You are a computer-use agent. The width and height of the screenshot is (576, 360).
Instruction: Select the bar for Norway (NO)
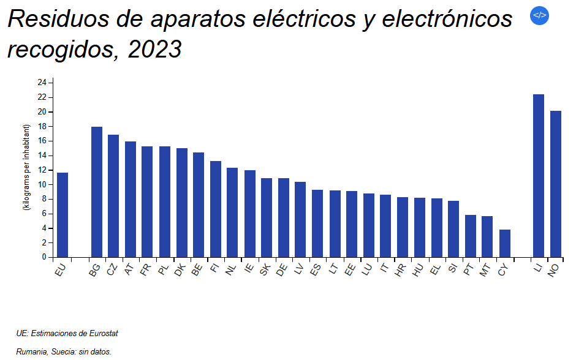555,184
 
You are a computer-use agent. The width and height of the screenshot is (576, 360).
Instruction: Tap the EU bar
63,215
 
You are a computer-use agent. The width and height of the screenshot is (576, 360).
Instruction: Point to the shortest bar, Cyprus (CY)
504,244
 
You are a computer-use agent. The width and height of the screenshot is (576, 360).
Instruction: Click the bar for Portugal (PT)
471,236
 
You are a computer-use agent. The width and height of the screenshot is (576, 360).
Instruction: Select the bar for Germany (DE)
283,218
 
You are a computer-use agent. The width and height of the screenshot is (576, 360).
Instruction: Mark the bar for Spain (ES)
317,223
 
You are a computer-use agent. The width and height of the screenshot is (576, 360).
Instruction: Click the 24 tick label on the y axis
42,83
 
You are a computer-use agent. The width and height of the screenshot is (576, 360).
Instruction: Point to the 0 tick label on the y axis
44,258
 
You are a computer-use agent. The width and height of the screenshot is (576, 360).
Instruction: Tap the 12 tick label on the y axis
42,170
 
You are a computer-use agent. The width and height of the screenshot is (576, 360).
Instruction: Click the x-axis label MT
485,271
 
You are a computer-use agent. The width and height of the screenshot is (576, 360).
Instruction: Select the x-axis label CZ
112,271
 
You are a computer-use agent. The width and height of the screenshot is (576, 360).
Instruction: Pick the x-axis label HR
400,271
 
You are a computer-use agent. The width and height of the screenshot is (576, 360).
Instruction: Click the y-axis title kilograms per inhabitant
26,167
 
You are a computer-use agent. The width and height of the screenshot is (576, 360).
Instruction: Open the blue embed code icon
539,16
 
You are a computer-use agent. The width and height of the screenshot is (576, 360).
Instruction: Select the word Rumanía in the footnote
31,352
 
